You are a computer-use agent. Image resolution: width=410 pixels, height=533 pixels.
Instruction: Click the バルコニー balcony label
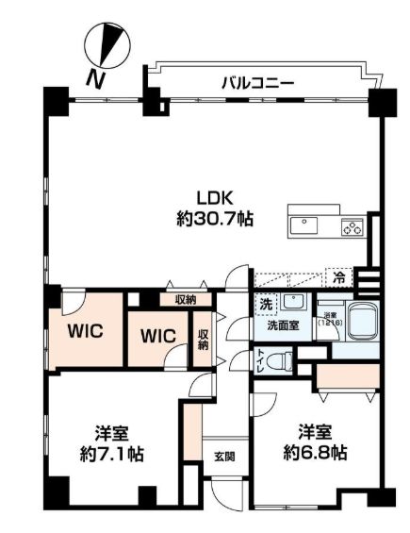(x=257, y=83)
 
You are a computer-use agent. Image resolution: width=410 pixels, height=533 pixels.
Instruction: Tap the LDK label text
(x=213, y=198)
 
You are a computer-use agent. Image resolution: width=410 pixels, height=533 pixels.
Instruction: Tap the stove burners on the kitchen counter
(x=353, y=226)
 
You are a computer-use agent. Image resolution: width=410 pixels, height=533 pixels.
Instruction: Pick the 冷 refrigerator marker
(x=337, y=277)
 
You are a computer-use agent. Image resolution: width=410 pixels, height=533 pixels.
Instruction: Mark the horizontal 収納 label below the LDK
(x=185, y=299)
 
